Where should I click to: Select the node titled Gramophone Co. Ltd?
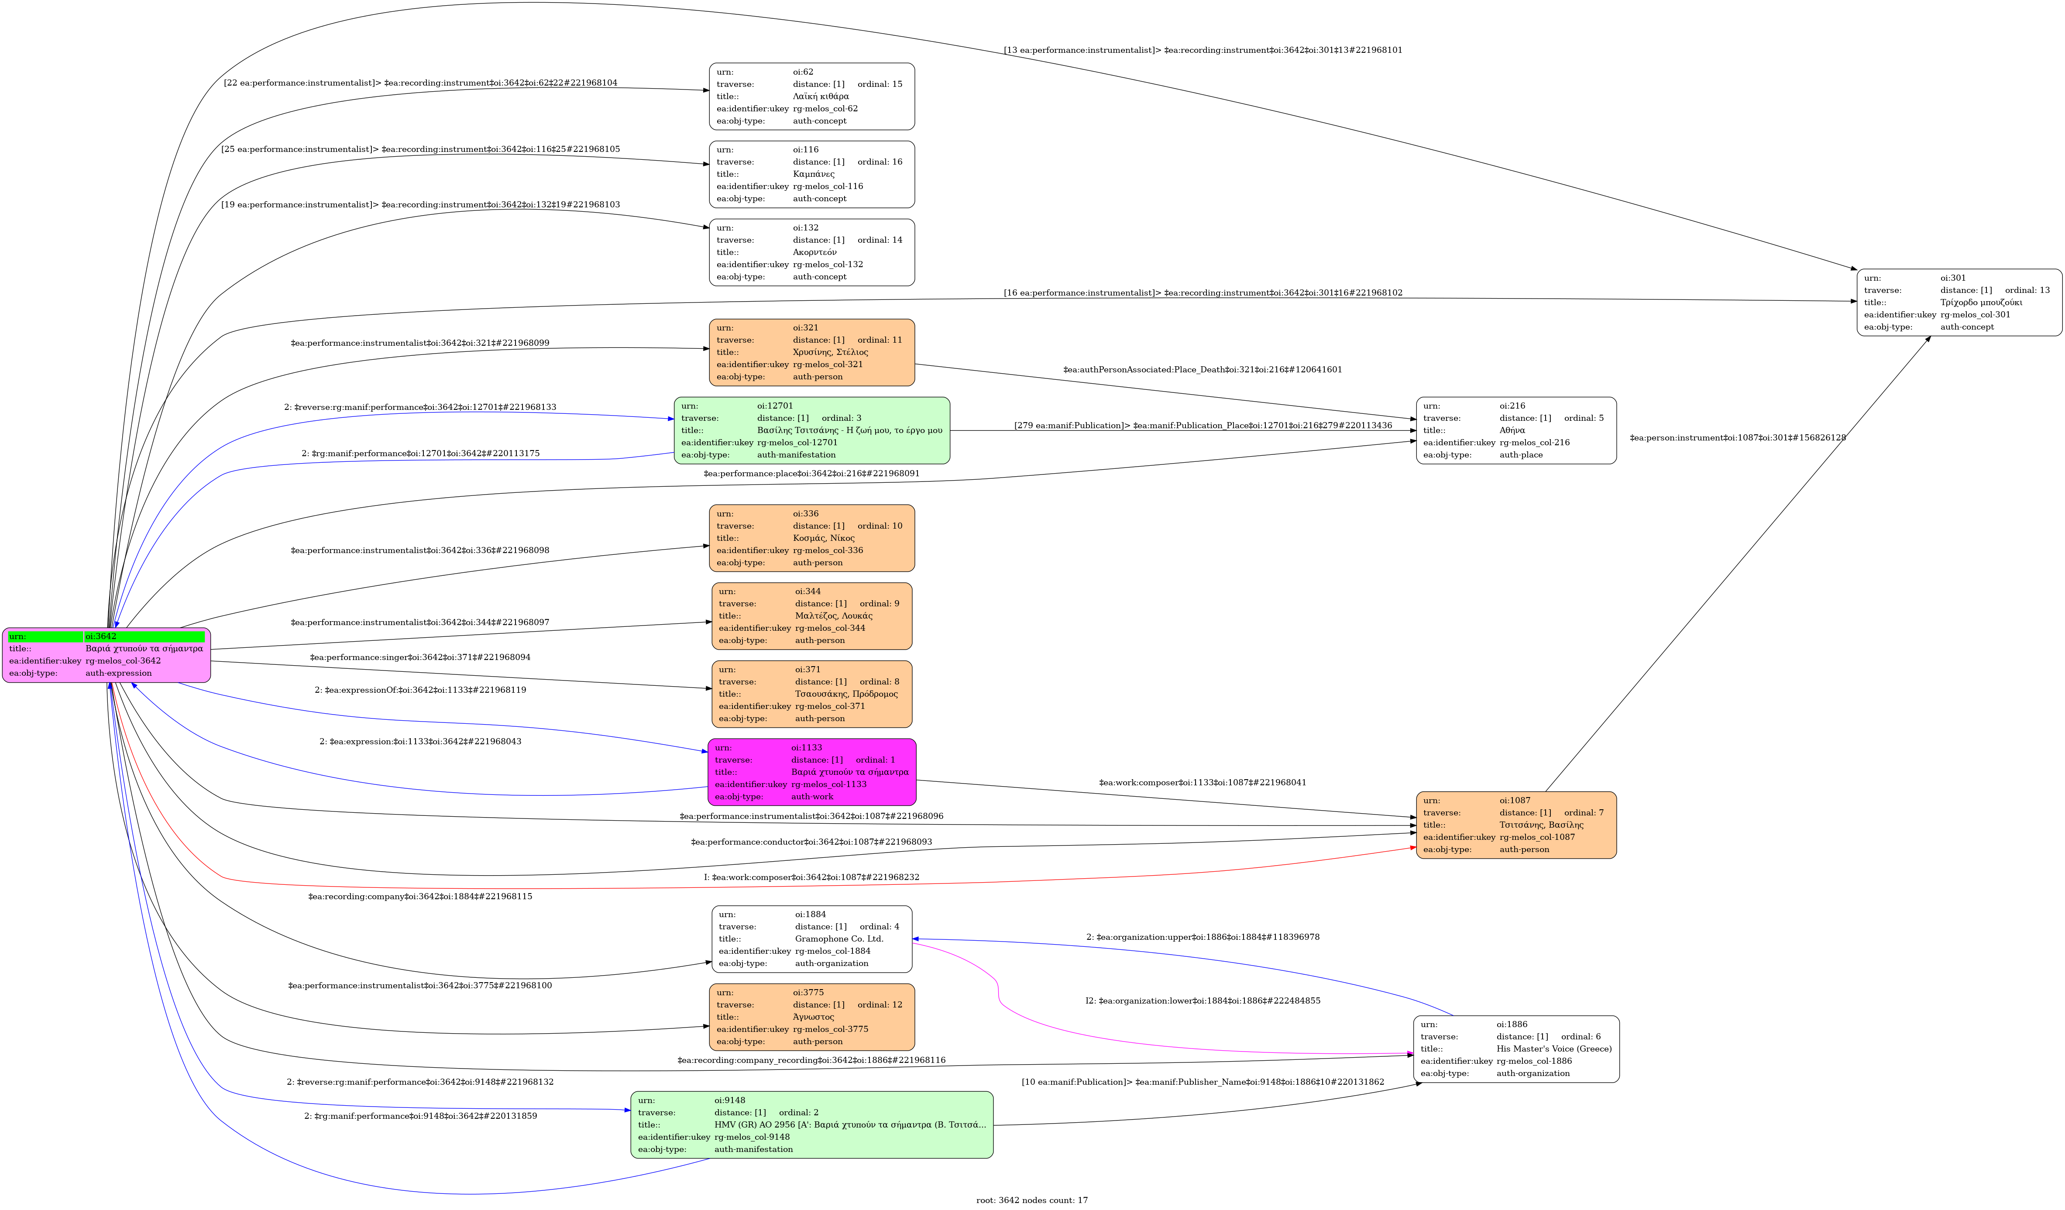811,939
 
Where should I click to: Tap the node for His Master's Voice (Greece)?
1516,1048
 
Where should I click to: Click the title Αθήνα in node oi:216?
1512,430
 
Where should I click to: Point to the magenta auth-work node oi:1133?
811,772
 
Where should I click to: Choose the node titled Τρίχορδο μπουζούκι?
1958,302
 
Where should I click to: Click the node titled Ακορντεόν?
811,252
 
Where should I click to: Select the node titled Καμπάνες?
811,174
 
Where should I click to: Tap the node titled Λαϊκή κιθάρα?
811,96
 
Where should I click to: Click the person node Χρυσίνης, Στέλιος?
811,352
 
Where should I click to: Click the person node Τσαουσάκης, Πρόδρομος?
811,694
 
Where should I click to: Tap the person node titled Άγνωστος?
811,1017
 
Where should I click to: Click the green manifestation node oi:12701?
811,430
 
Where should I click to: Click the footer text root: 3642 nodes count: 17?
1032,1200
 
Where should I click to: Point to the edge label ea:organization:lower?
1202,1001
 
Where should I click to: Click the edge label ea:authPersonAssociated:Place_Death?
1202,369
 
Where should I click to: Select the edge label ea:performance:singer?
419,657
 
